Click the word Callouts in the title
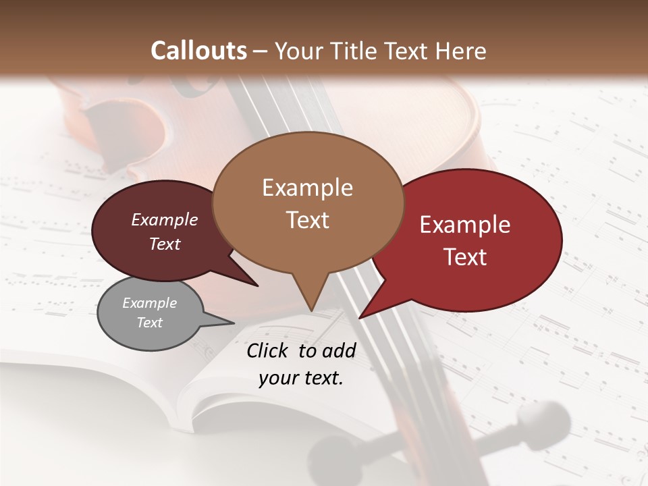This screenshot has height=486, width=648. pyautogui.click(x=198, y=51)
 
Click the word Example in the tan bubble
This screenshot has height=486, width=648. pyautogui.click(x=307, y=188)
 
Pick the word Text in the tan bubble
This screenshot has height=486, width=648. pyautogui.click(x=307, y=220)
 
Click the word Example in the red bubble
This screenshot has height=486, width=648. pyautogui.click(x=465, y=225)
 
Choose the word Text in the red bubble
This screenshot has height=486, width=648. pyautogui.click(x=465, y=257)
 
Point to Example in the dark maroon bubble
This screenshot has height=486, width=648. pyautogui.click(x=165, y=219)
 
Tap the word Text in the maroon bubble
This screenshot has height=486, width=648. pyautogui.click(x=165, y=244)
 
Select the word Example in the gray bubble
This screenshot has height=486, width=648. pyautogui.click(x=149, y=303)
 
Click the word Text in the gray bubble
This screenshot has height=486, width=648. pyautogui.click(x=149, y=323)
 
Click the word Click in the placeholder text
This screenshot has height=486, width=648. pyautogui.click(x=269, y=350)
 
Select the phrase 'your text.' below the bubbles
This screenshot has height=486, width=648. pyautogui.click(x=301, y=379)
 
